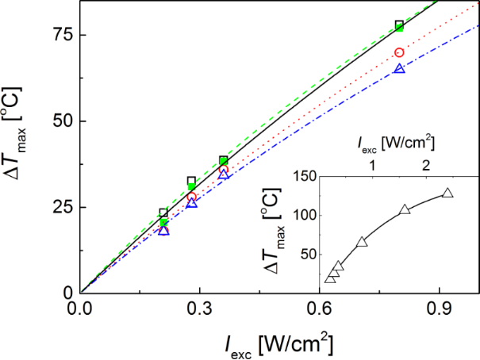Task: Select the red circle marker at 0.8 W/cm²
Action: click(399, 52)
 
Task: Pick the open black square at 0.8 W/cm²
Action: click(399, 25)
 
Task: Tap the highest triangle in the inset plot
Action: click(447, 193)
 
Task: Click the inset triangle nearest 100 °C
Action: click(405, 209)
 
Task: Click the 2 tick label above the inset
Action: click(427, 166)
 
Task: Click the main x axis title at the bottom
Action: click(278, 343)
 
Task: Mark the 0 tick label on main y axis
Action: click(68, 293)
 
